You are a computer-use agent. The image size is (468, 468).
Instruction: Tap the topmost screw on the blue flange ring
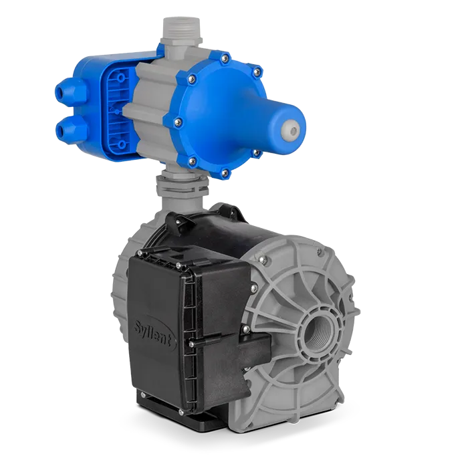tap(225, 57)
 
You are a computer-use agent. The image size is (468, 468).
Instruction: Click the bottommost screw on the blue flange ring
tap(225, 172)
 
